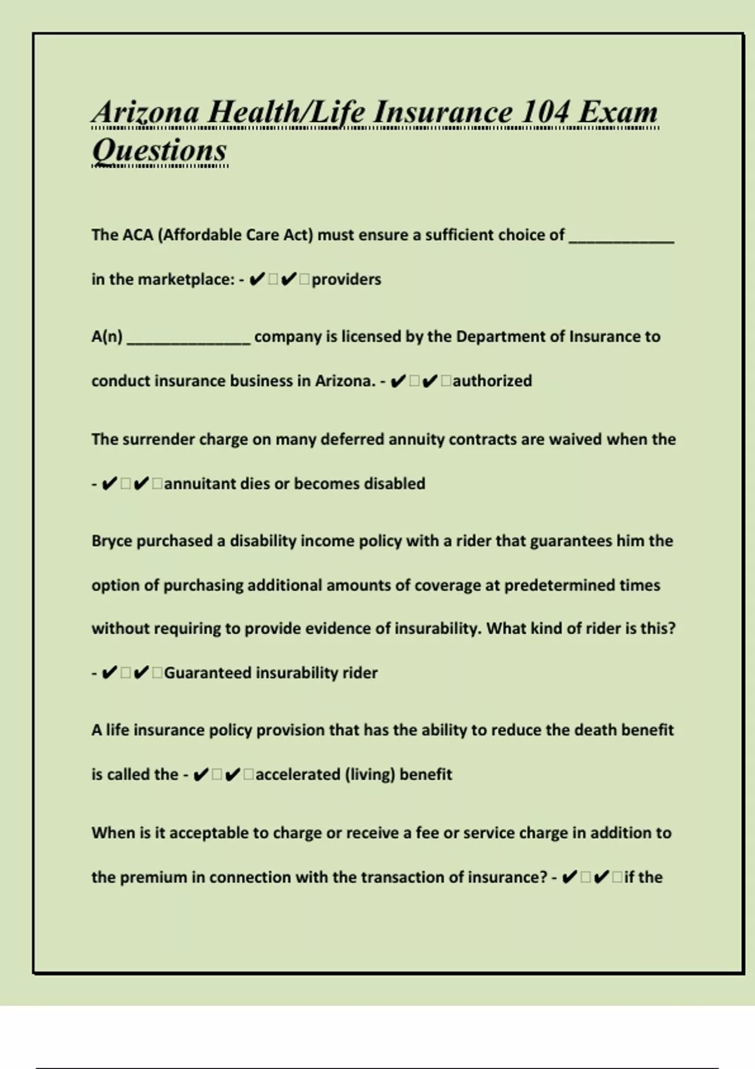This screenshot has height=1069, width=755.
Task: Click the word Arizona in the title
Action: pos(146,113)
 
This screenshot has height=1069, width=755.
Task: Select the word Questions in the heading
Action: pos(159,150)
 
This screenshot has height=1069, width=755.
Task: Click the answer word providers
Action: pos(346,279)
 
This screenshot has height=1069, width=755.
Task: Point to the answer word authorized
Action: pos(492,381)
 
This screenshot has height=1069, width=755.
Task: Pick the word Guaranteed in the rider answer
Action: pos(207,673)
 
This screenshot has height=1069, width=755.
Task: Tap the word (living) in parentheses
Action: pos(370,774)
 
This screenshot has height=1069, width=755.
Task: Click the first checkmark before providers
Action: pos(257,279)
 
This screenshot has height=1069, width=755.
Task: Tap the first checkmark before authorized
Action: pos(398,381)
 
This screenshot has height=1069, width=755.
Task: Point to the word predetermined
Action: pos(559,585)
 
